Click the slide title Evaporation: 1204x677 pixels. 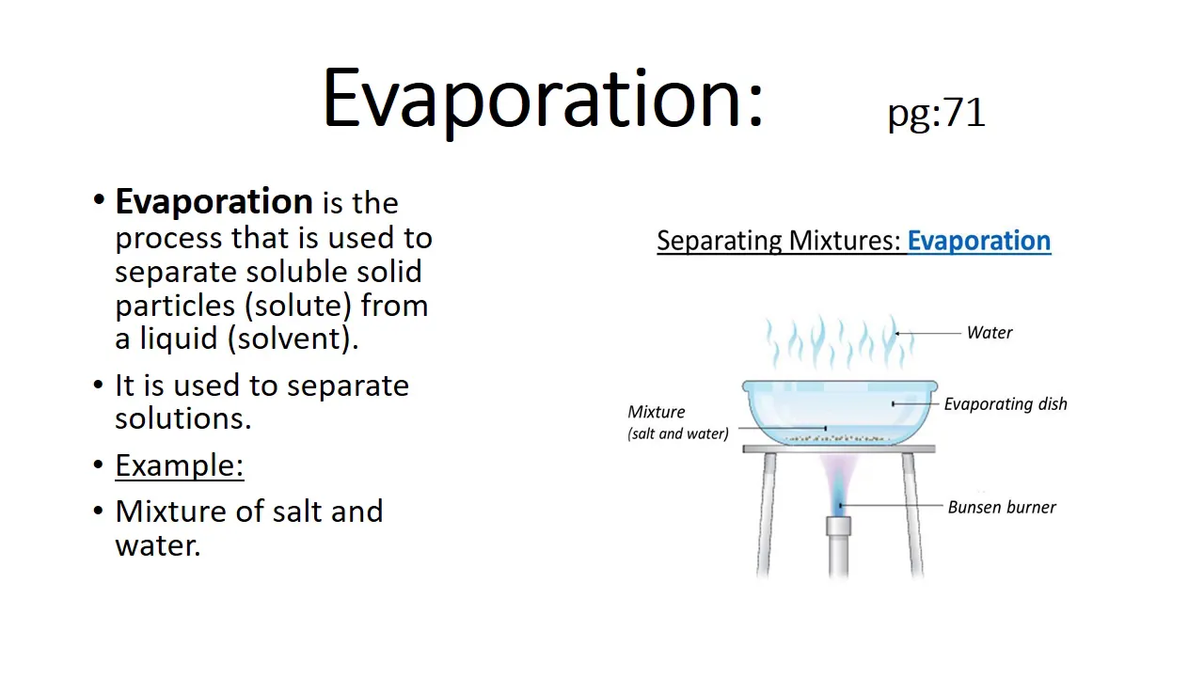543,100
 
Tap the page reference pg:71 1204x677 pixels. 936,113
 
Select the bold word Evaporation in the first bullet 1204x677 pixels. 214,203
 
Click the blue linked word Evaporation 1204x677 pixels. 979,241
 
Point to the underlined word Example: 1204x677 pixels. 180,465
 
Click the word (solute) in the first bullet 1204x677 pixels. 298,307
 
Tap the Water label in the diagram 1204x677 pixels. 990,333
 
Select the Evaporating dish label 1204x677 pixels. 1006,404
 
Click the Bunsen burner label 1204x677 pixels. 1002,507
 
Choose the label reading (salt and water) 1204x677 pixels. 678,433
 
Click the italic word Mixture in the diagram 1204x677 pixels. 657,412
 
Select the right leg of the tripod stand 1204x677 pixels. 912,514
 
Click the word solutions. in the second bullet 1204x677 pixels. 183,419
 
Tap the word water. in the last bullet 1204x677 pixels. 158,546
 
